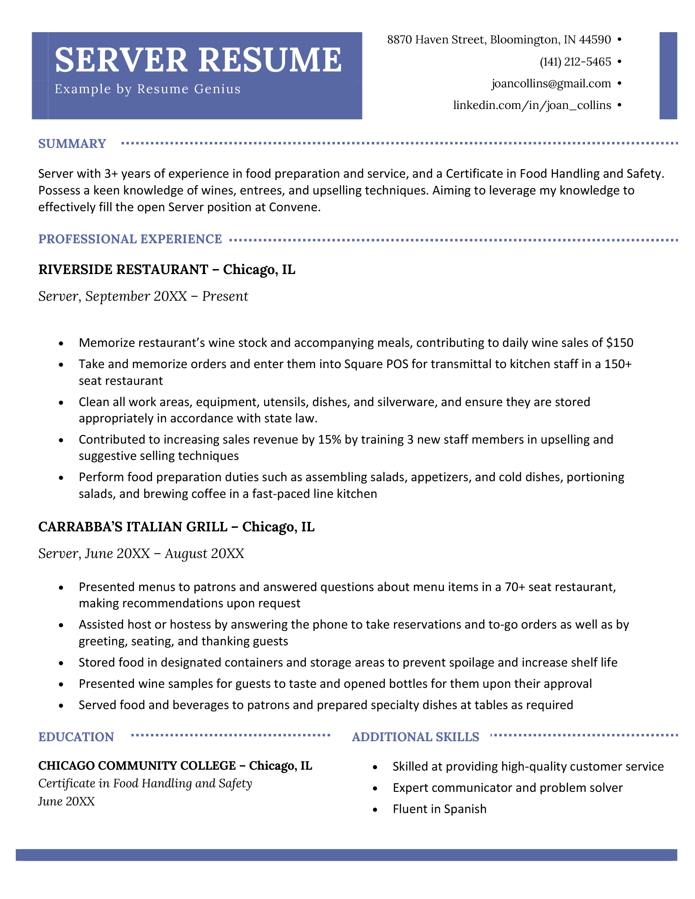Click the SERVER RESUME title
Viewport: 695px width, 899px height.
click(198, 60)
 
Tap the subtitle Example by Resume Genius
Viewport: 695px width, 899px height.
click(148, 89)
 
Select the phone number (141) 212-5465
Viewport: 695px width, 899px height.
click(575, 62)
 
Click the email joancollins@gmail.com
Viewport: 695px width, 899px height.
click(551, 84)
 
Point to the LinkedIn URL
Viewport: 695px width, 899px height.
click(532, 105)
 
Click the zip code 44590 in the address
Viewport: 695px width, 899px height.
click(595, 40)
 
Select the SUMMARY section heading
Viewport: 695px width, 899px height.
click(72, 144)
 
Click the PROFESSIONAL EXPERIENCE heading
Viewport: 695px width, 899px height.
click(130, 239)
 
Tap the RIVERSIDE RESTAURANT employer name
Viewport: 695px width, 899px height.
click(123, 270)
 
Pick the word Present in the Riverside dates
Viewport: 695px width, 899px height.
click(225, 297)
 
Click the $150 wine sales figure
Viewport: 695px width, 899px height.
click(619, 343)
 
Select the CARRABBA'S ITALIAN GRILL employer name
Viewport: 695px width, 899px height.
click(133, 527)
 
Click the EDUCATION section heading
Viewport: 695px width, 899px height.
click(76, 737)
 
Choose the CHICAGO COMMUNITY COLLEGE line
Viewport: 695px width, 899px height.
click(137, 766)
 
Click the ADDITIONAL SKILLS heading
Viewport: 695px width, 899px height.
click(415, 737)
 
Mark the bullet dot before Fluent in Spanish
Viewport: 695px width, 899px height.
click(375, 810)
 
